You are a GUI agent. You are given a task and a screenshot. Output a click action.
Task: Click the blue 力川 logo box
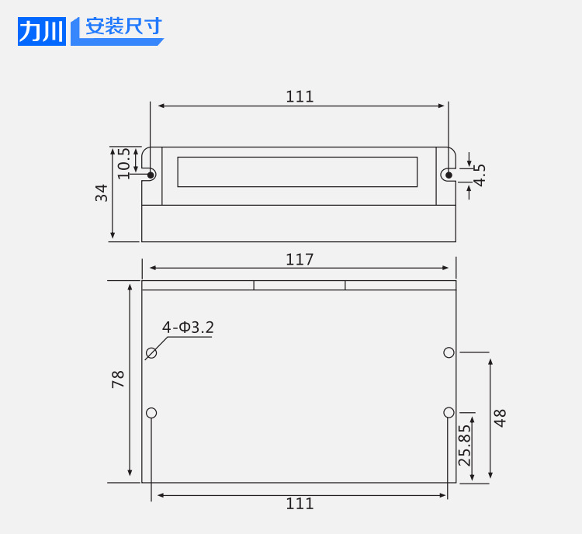click(42, 29)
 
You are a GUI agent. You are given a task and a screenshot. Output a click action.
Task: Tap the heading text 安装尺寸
click(123, 27)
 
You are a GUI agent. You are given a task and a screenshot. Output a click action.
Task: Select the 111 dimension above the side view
click(300, 96)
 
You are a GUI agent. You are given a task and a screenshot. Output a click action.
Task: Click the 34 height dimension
click(102, 192)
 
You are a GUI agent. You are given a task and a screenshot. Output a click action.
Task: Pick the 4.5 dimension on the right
click(480, 175)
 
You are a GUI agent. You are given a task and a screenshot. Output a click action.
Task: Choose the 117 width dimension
click(300, 259)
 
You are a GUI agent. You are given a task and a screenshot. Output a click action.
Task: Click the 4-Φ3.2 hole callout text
click(188, 328)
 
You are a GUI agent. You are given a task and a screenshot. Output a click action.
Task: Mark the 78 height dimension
click(118, 380)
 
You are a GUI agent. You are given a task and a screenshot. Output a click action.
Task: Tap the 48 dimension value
click(500, 418)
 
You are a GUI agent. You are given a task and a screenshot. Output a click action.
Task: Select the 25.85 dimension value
click(464, 445)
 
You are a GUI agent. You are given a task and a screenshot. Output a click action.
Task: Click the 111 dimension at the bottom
click(300, 504)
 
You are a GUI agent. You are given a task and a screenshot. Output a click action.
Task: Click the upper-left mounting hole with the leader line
click(151, 353)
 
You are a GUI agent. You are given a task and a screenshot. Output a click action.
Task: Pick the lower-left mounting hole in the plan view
click(151, 412)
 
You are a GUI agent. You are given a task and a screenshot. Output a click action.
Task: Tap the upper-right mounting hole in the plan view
click(449, 352)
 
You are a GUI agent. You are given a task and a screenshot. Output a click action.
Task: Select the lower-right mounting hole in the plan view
click(449, 412)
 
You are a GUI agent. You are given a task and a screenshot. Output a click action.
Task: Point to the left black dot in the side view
click(151, 175)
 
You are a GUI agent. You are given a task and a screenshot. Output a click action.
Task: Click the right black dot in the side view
click(447, 175)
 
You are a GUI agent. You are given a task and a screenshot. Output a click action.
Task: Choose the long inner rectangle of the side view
click(297, 172)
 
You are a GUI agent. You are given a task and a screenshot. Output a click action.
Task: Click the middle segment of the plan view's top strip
click(300, 285)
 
